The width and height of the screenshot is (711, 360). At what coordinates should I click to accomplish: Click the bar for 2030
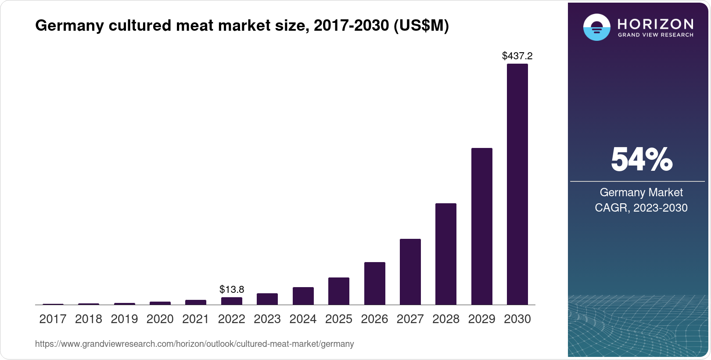517,184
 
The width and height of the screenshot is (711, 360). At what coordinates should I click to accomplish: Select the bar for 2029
481,227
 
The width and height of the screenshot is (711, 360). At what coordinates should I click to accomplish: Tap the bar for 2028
445,254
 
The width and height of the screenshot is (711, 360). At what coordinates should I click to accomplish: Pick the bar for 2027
410,272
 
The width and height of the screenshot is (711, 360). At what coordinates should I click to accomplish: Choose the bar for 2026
374,283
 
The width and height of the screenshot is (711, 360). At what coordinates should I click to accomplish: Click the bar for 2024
303,296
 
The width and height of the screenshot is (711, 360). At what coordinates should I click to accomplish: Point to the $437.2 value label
517,56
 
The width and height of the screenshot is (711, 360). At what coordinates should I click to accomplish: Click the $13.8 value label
232,289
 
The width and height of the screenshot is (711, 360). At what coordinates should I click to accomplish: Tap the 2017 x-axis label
53,319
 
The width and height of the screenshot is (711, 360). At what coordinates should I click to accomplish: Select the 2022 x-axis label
232,319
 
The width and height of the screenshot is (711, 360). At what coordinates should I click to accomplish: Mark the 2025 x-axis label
339,319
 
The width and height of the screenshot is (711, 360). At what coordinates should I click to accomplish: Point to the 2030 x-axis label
517,319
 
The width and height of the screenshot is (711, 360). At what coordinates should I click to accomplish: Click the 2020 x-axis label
160,319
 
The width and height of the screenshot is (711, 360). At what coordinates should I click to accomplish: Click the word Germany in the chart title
69,25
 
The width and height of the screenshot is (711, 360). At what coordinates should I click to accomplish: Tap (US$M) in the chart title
421,25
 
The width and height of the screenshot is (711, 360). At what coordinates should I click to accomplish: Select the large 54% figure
641,159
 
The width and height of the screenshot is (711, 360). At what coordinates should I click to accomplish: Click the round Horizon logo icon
596,27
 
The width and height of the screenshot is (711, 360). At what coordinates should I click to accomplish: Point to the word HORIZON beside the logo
655,24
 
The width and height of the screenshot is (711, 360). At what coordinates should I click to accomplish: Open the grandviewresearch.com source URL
194,344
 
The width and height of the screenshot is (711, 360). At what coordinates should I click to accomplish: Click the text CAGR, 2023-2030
641,208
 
